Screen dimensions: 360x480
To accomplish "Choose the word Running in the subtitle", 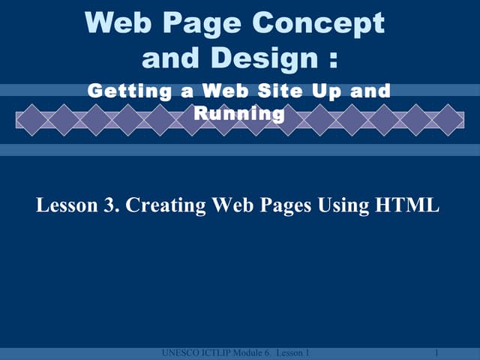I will tap(239, 114).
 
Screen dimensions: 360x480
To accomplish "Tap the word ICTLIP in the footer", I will tap(213, 352).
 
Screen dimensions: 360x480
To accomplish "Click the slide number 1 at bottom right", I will tap(436, 352).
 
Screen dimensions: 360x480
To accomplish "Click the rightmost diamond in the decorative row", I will tap(448, 120).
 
